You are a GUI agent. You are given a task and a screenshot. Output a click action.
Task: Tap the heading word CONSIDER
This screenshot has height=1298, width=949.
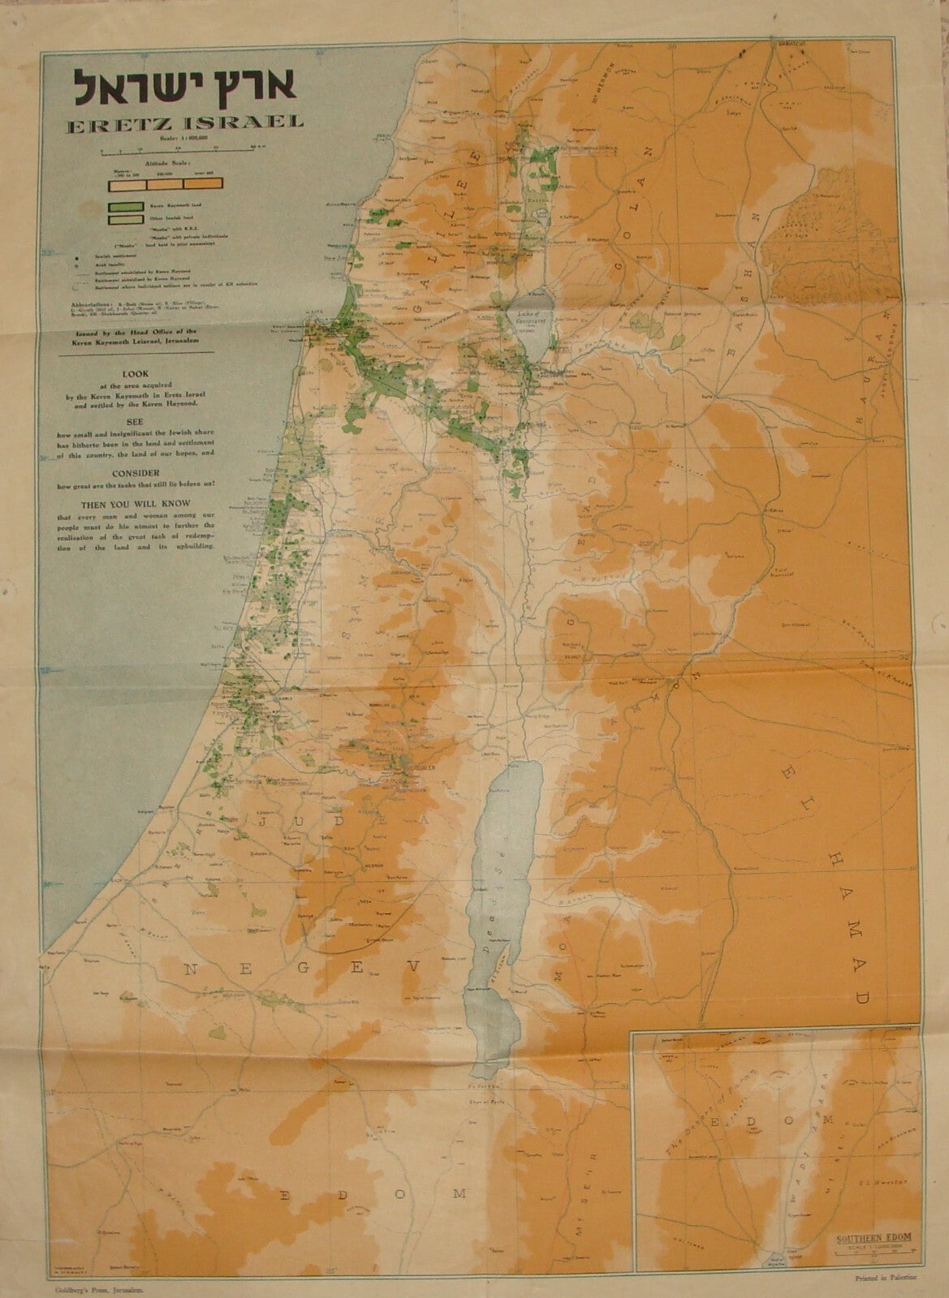click(136, 472)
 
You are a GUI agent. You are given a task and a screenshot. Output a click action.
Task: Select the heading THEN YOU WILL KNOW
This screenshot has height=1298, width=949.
click(136, 504)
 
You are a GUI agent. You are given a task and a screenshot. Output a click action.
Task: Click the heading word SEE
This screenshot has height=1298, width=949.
click(135, 421)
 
